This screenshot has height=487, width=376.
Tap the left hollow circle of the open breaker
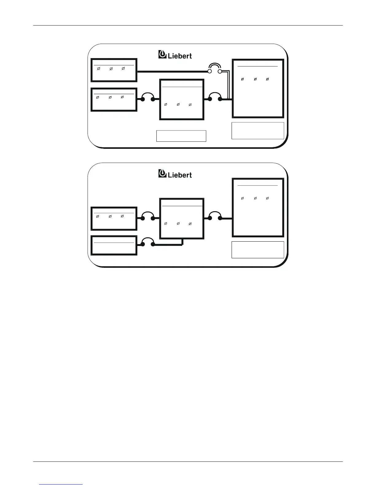pyautogui.click(x=210, y=71)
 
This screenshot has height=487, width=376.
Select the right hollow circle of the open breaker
pyautogui.click(x=220, y=71)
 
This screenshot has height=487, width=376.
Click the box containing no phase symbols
pyautogui.click(x=114, y=245)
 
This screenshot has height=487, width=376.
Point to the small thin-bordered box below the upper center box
pyautogui.click(x=181, y=136)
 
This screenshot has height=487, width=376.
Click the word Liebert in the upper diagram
pyautogui.click(x=180, y=56)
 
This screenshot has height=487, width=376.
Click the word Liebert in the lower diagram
pyautogui.click(x=180, y=175)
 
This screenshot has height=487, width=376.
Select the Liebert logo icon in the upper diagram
pyautogui.click(x=162, y=54)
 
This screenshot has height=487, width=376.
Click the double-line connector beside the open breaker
pyautogui.click(x=228, y=85)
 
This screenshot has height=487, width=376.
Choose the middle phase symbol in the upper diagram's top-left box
pyautogui.click(x=111, y=69)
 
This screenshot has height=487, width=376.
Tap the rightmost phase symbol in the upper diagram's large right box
pyautogui.click(x=267, y=79)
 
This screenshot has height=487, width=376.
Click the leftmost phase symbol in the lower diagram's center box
pyautogui.click(x=166, y=224)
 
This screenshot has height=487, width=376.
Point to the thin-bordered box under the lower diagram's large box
pyautogui.click(x=257, y=250)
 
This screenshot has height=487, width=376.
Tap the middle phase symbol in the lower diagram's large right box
pyautogui.click(x=255, y=198)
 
